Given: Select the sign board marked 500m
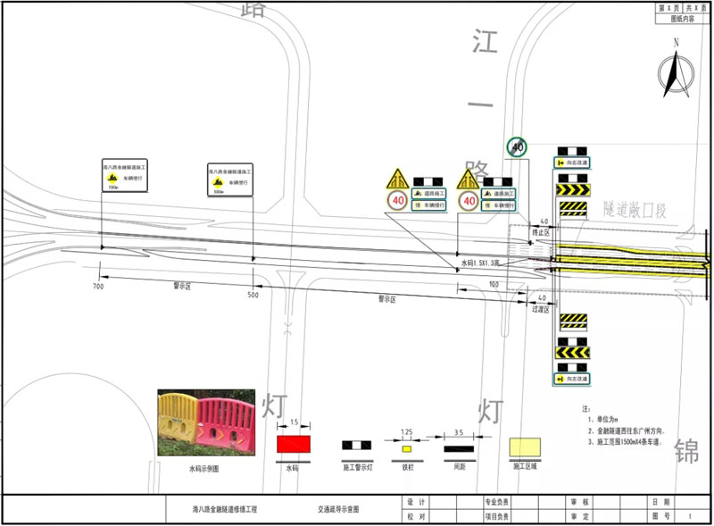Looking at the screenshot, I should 230,180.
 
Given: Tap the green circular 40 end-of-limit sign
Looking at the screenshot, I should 517,146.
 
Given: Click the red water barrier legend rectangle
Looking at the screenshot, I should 294,443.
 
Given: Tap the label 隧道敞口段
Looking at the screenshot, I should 635,211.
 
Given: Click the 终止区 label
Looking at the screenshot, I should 541,230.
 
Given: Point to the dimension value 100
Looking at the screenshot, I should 494,284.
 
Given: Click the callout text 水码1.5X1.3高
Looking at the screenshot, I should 483,264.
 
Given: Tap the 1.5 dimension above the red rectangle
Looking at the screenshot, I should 294,422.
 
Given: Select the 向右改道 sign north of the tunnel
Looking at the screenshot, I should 572,163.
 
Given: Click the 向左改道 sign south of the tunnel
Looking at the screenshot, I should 572,379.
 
